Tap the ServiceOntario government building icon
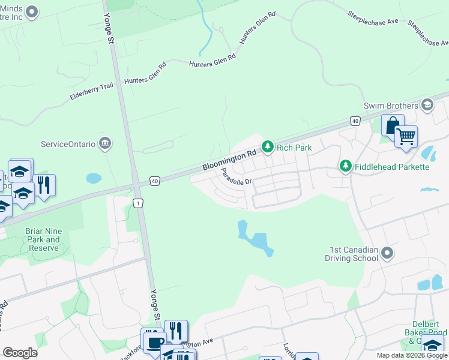pyautogui.click(x=105, y=143)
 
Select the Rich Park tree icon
pyautogui.click(x=267, y=146)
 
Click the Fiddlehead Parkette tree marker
pyautogui.click(x=345, y=166)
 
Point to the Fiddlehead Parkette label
pyautogui.click(x=392, y=166)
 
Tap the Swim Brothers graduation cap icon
pyautogui.click(x=427, y=106)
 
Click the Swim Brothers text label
pyautogui.click(x=391, y=106)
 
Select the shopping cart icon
pyautogui.click(x=406, y=137)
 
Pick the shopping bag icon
pyautogui.click(x=393, y=126)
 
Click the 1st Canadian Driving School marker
pyautogui.click(x=387, y=253)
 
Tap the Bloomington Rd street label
pyautogui.click(x=224, y=160)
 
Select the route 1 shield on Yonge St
pyautogui.click(x=139, y=203)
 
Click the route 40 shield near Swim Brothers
pyautogui.click(x=356, y=121)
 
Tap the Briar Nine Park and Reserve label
pyautogui.click(x=43, y=239)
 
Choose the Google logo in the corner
pyautogui.click(x=20, y=353)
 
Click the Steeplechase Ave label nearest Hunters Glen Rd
pyautogui.click(x=373, y=17)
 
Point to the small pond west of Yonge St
pyautogui.click(x=94, y=178)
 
